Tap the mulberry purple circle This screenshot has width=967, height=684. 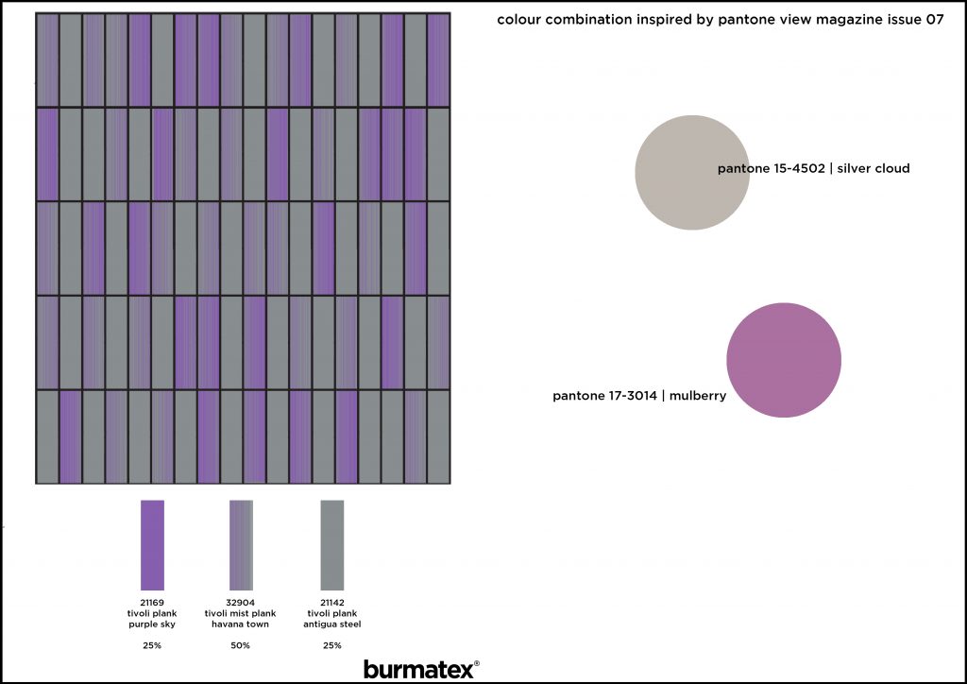[x=784, y=360]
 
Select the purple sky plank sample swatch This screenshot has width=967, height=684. [x=152, y=545]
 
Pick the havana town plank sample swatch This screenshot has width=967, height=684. [x=241, y=545]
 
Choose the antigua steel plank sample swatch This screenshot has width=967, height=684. [x=332, y=545]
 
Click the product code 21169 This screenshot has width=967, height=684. [x=152, y=603]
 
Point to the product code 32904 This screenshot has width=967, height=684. [x=241, y=603]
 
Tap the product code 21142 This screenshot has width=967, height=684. [x=332, y=603]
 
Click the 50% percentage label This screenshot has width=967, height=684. [x=241, y=645]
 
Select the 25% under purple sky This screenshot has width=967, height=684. [x=152, y=645]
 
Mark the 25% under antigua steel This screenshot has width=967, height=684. [x=332, y=645]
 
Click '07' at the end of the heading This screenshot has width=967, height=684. [x=935, y=20]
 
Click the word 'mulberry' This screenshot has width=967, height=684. [x=698, y=396]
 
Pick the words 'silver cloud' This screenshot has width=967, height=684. [x=874, y=168]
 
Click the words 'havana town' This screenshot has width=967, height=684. [x=241, y=624]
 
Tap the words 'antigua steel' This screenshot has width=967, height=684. [x=332, y=624]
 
